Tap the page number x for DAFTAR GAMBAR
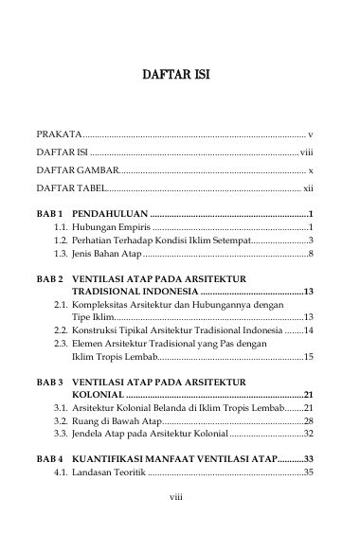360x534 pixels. [311, 171]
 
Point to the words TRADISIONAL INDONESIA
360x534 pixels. [135, 294]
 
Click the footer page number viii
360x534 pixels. [180, 520]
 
